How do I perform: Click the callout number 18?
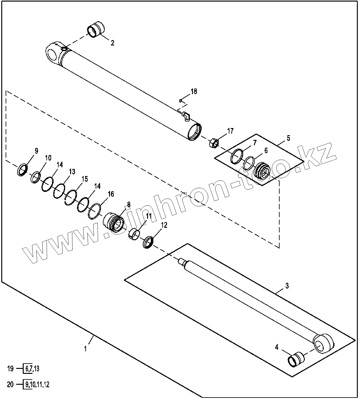click(194, 92)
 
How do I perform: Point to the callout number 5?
click(288, 138)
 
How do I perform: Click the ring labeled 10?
click(36, 177)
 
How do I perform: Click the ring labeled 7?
click(237, 156)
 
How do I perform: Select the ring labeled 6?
click(249, 163)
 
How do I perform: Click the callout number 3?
click(287, 285)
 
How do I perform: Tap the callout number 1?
click(85, 349)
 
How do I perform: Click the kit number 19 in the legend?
click(11, 369)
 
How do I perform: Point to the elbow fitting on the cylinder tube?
click(186, 116)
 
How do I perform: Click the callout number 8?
click(128, 204)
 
